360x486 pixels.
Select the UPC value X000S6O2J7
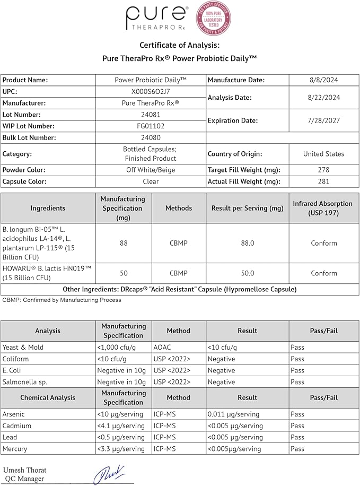151,91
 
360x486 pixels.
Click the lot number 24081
151,115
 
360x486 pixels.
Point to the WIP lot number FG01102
151,126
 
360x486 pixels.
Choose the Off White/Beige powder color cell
151,170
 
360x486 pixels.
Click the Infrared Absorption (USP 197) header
323,208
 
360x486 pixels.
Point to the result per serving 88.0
248,243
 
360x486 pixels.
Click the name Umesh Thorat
25,470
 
